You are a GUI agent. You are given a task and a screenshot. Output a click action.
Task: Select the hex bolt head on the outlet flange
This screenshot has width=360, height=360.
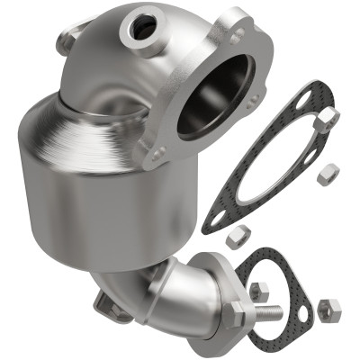(238, 316)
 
